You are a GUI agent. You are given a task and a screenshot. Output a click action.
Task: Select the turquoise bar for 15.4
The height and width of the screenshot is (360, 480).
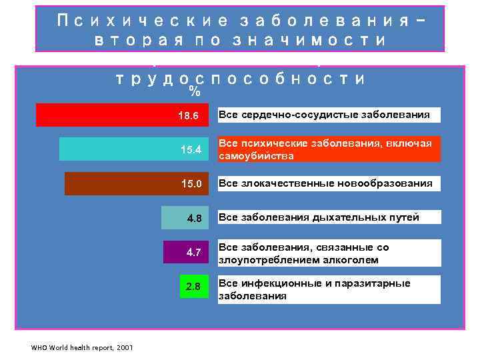133,149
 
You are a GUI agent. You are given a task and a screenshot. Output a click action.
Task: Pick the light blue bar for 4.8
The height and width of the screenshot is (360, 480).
185,217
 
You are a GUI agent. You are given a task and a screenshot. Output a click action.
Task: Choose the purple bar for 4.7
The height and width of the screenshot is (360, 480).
187,252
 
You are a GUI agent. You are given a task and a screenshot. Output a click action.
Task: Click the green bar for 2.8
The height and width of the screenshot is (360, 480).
193,287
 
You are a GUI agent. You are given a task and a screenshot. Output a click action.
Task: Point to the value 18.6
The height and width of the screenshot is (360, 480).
188,115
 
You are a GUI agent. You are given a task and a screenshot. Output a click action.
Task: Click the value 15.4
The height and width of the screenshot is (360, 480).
190,149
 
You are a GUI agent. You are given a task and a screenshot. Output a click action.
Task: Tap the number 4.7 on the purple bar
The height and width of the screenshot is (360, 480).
193,253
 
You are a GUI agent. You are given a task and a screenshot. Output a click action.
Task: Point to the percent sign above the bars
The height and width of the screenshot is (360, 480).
195,90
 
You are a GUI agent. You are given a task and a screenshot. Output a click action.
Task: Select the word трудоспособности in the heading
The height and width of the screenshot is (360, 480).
240,78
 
